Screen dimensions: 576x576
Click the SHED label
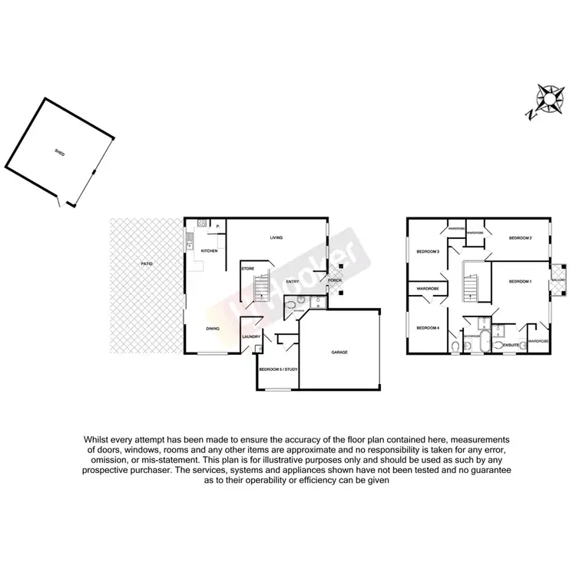[x=59, y=154]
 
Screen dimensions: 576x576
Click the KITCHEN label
[x=210, y=251]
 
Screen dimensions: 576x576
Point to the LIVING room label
[x=276, y=237]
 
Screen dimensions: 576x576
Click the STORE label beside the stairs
[x=247, y=268]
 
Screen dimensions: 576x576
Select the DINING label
[x=213, y=329]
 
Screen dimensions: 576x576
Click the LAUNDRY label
[x=251, y=336]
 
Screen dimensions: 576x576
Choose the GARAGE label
[x=339, y=352]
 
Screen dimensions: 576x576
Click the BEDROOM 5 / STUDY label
[x=277, y=369]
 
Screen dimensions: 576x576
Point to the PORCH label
[x=334, y=281]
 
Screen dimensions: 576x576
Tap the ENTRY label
[x=293, y=282]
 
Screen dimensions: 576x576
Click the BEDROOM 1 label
[x=520, y=283]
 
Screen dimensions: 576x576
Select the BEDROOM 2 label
[x=521, y=238]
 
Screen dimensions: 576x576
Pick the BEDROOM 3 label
[x=427, y=252]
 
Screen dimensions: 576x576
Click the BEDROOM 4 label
[x=427, y=328]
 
